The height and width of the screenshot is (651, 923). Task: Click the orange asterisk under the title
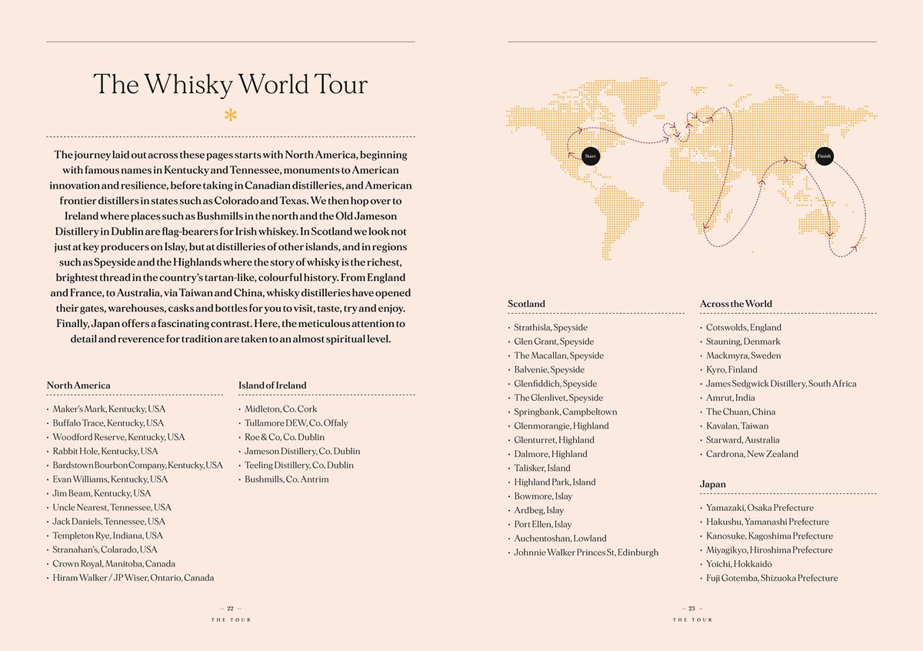point(231,116)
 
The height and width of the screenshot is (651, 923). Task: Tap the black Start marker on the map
point(591,156)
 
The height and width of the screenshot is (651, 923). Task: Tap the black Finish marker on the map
point(824,156)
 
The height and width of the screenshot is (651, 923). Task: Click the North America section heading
point(78,386)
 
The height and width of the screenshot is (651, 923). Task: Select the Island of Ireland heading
point(272,386)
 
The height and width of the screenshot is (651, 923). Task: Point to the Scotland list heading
point(526,304)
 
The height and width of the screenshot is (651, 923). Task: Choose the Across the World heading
point(736,304)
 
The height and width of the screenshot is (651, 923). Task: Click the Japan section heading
point(713,485)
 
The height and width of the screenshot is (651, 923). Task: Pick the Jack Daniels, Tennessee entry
point(108,522)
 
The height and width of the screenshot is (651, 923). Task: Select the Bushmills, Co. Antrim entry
point(286,479)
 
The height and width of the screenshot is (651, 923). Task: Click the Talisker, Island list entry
point(542,468)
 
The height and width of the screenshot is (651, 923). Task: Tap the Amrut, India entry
point(730,398)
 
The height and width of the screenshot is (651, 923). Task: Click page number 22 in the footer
point(230,609)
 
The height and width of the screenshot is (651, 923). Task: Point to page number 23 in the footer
point(691,609)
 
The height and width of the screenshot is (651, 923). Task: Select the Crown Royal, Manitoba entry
point(114,564)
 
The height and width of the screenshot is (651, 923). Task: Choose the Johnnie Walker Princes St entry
point(586,553)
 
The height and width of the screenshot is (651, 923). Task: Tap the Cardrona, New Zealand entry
point(751,454)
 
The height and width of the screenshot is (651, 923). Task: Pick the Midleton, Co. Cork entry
point(281,409)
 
